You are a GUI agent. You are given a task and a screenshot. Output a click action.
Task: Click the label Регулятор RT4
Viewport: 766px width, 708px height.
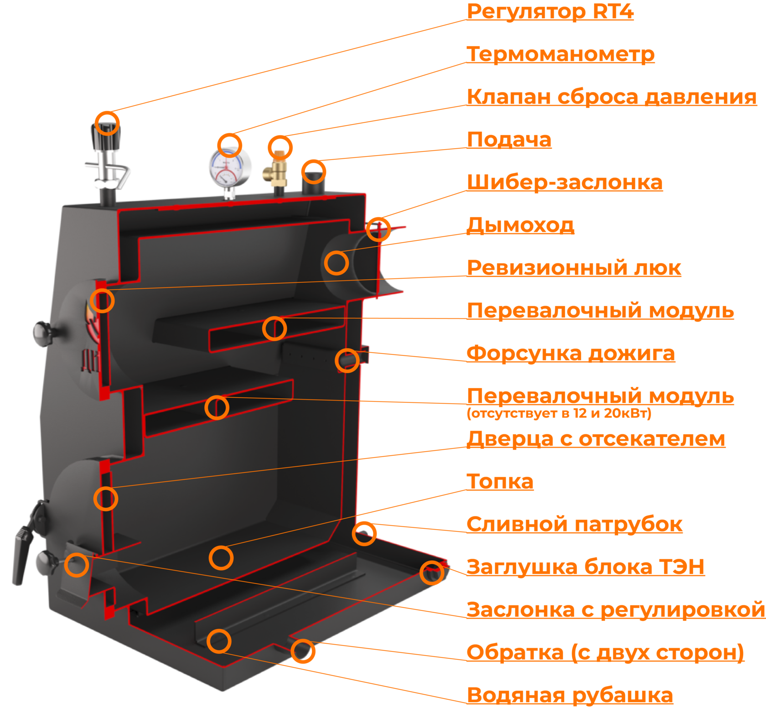pos(550,12)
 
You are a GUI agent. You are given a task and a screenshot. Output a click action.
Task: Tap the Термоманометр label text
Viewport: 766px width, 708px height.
pos(560,54)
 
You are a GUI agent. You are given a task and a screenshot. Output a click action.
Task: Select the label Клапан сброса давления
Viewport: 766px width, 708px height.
pos(611,97)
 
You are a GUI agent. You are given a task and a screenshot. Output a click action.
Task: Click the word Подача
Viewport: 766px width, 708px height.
pos(509,140)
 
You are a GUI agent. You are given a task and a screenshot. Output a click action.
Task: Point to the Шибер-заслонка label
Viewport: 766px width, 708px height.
pos(564,182)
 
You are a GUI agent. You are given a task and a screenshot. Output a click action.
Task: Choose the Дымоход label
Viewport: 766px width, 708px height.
pos(520,225)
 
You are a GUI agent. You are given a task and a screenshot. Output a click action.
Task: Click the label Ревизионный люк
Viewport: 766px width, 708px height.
pos(574,268)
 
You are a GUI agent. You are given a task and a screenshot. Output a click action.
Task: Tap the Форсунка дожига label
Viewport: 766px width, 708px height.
pos(570,354)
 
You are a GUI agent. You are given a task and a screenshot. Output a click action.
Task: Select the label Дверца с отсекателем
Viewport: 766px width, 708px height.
pos(595,439)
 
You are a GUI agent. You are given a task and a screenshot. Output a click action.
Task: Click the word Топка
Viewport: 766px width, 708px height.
pos(500,482)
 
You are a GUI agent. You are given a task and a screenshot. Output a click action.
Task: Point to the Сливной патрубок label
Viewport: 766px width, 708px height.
pos(574,524)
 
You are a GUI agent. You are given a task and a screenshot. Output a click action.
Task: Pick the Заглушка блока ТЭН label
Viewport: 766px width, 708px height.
pos(585,567)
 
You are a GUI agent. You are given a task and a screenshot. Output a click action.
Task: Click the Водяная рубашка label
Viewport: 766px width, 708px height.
pos(569,695)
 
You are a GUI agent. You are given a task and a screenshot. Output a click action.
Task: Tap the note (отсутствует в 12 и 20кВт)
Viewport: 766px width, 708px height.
pos(559,414)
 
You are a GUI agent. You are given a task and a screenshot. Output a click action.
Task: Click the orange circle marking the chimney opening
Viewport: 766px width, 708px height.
pos(336,263)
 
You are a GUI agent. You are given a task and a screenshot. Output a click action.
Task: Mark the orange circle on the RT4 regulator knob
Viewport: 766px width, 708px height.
pos(108,122)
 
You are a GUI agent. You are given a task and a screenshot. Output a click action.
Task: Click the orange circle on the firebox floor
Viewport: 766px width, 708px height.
pos(221,557)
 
